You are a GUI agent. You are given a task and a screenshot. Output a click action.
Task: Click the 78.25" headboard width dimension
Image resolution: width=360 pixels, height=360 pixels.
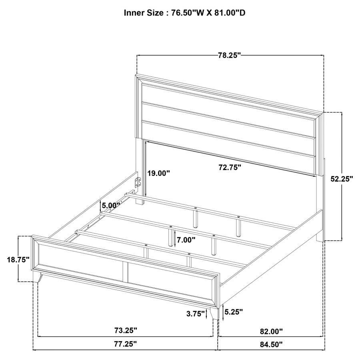[x=229, y=55]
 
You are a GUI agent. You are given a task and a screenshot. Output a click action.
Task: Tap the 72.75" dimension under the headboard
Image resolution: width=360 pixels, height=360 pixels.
[x=230, y=168]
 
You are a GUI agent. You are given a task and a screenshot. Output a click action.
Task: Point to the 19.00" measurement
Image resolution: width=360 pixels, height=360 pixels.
[x=158, y=173]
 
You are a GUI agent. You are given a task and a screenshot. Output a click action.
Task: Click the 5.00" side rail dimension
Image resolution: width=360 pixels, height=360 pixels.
[x=111, y=206]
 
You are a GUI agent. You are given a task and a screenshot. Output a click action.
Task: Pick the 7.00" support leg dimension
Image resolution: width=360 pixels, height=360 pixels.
[x=186, y=240]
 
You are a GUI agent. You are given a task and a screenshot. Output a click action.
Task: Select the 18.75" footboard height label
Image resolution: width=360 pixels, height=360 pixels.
[x=18, y=259]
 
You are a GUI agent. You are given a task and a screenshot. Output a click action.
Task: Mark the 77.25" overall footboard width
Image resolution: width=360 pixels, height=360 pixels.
[x=126, y=344]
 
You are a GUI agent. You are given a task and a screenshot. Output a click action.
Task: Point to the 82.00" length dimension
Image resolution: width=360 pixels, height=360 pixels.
[x=271, y=331]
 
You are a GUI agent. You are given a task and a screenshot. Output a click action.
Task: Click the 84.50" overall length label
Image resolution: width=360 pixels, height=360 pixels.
[x=271, y=344]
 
